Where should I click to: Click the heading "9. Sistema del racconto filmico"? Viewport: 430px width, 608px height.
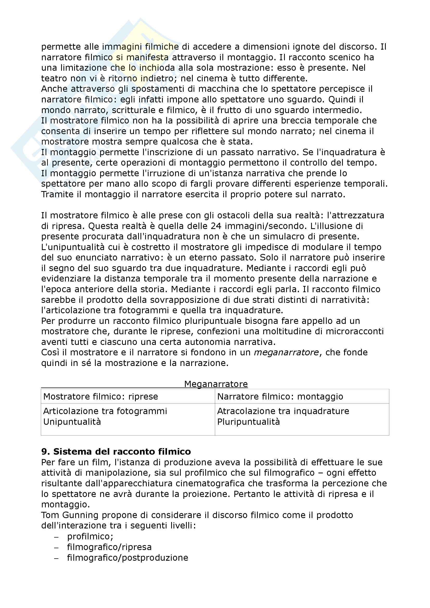click(116, 452)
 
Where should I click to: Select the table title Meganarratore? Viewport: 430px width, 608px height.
click(216, 384)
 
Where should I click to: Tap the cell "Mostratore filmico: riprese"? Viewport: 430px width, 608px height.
click(101, 396)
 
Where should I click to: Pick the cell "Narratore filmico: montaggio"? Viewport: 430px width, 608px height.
click(280, 396)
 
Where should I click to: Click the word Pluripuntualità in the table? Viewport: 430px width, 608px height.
click(248, 422)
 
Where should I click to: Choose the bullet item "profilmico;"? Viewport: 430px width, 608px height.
click(90, 536)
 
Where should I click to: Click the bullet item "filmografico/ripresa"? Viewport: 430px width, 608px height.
click(109, 547)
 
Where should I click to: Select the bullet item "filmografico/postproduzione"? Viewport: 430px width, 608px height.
click(127, 557)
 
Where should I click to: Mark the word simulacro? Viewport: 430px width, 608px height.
click(285, 237)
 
